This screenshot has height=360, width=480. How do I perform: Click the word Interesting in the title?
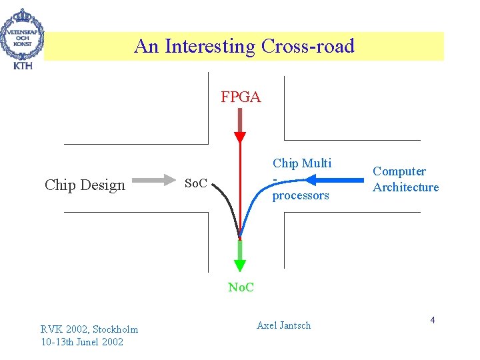point(210,47)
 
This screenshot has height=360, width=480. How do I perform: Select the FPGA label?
point(241,98)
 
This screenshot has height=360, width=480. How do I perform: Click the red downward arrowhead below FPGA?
point(240,138)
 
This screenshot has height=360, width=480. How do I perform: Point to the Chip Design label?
point(85,185)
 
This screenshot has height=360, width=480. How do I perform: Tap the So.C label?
point(195,182)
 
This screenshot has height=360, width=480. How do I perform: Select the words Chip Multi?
point(301,163)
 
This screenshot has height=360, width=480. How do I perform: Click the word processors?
point(301,195)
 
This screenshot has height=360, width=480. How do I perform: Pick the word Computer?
point(399,171)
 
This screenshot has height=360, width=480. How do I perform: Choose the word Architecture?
point(405,187)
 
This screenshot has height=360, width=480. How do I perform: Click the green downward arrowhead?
point(240,266)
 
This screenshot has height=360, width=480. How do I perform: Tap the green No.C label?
point(241,287)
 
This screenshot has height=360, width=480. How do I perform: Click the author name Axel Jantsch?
point(283,325)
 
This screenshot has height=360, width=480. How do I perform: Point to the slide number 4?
point(432,321)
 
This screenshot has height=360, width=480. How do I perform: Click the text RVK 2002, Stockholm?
point(89,329)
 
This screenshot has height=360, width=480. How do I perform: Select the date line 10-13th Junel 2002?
point(81,342)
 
